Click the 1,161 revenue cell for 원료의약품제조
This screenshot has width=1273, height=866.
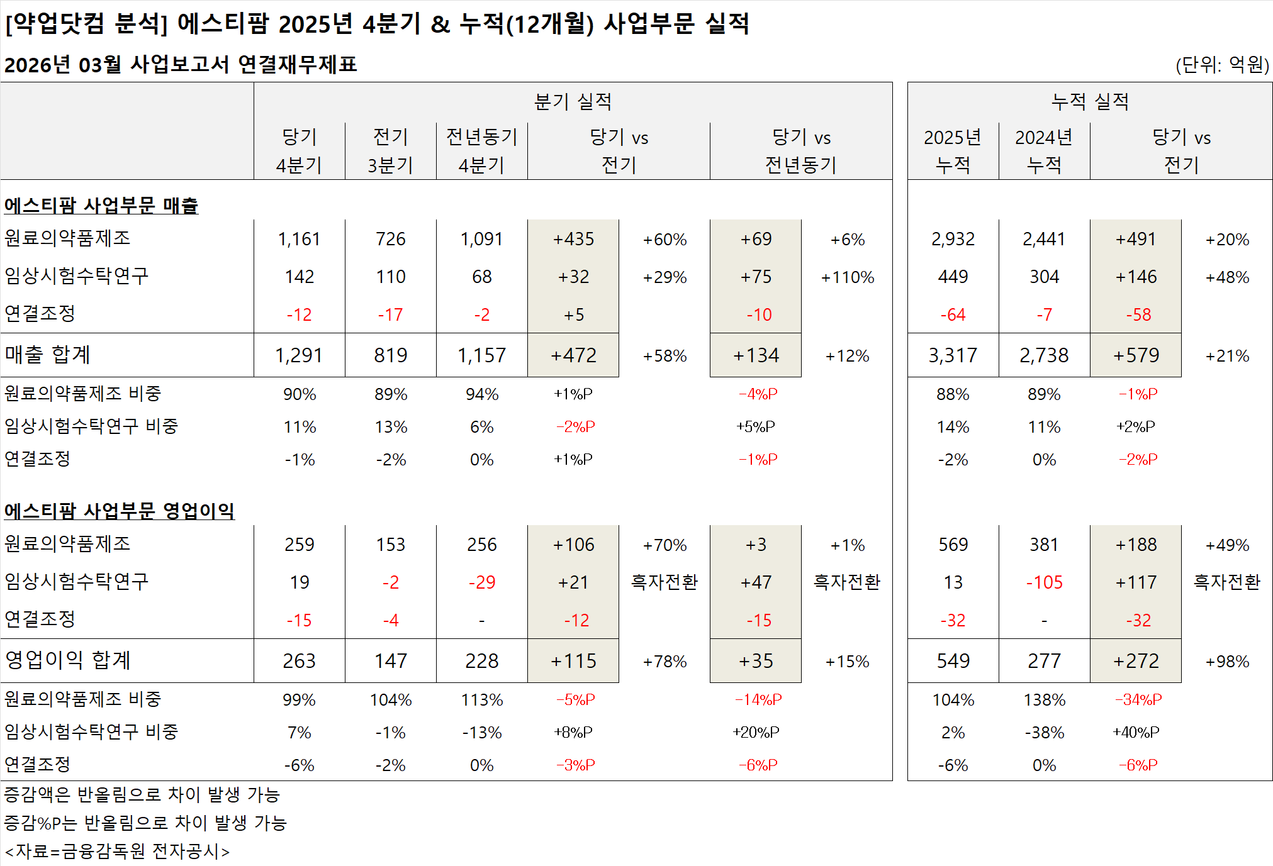click(299, 239)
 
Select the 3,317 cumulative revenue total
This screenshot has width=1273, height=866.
click(953, 355)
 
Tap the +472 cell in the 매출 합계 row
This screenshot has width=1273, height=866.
click(573, 355)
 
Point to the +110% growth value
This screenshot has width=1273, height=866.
click(847, 277)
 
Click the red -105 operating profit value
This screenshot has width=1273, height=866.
click(1044, 582)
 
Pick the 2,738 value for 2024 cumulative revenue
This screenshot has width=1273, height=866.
click(1044, 355)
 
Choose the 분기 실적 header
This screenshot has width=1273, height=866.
click(573, 101)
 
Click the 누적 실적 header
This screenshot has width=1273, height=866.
click(1090, 101)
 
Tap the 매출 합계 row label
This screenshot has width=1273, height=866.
click(48, 355)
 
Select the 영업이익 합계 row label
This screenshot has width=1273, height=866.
click(68, 660)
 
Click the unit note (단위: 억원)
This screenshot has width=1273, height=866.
click(1222, 64)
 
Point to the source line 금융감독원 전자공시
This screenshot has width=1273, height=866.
click(117, 851)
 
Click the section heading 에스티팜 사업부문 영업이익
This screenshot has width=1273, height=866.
click(120, 511)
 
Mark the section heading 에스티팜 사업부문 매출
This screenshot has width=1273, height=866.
click(101, 205)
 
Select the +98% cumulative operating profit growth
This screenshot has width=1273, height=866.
click(1227, 662)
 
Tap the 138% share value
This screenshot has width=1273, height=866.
click(1044, 700)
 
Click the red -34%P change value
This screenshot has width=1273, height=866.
click(1138, 699)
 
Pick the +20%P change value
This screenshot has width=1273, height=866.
click(756, 732)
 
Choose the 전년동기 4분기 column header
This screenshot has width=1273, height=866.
click(481, 151)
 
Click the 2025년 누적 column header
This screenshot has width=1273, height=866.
click(953, 151)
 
